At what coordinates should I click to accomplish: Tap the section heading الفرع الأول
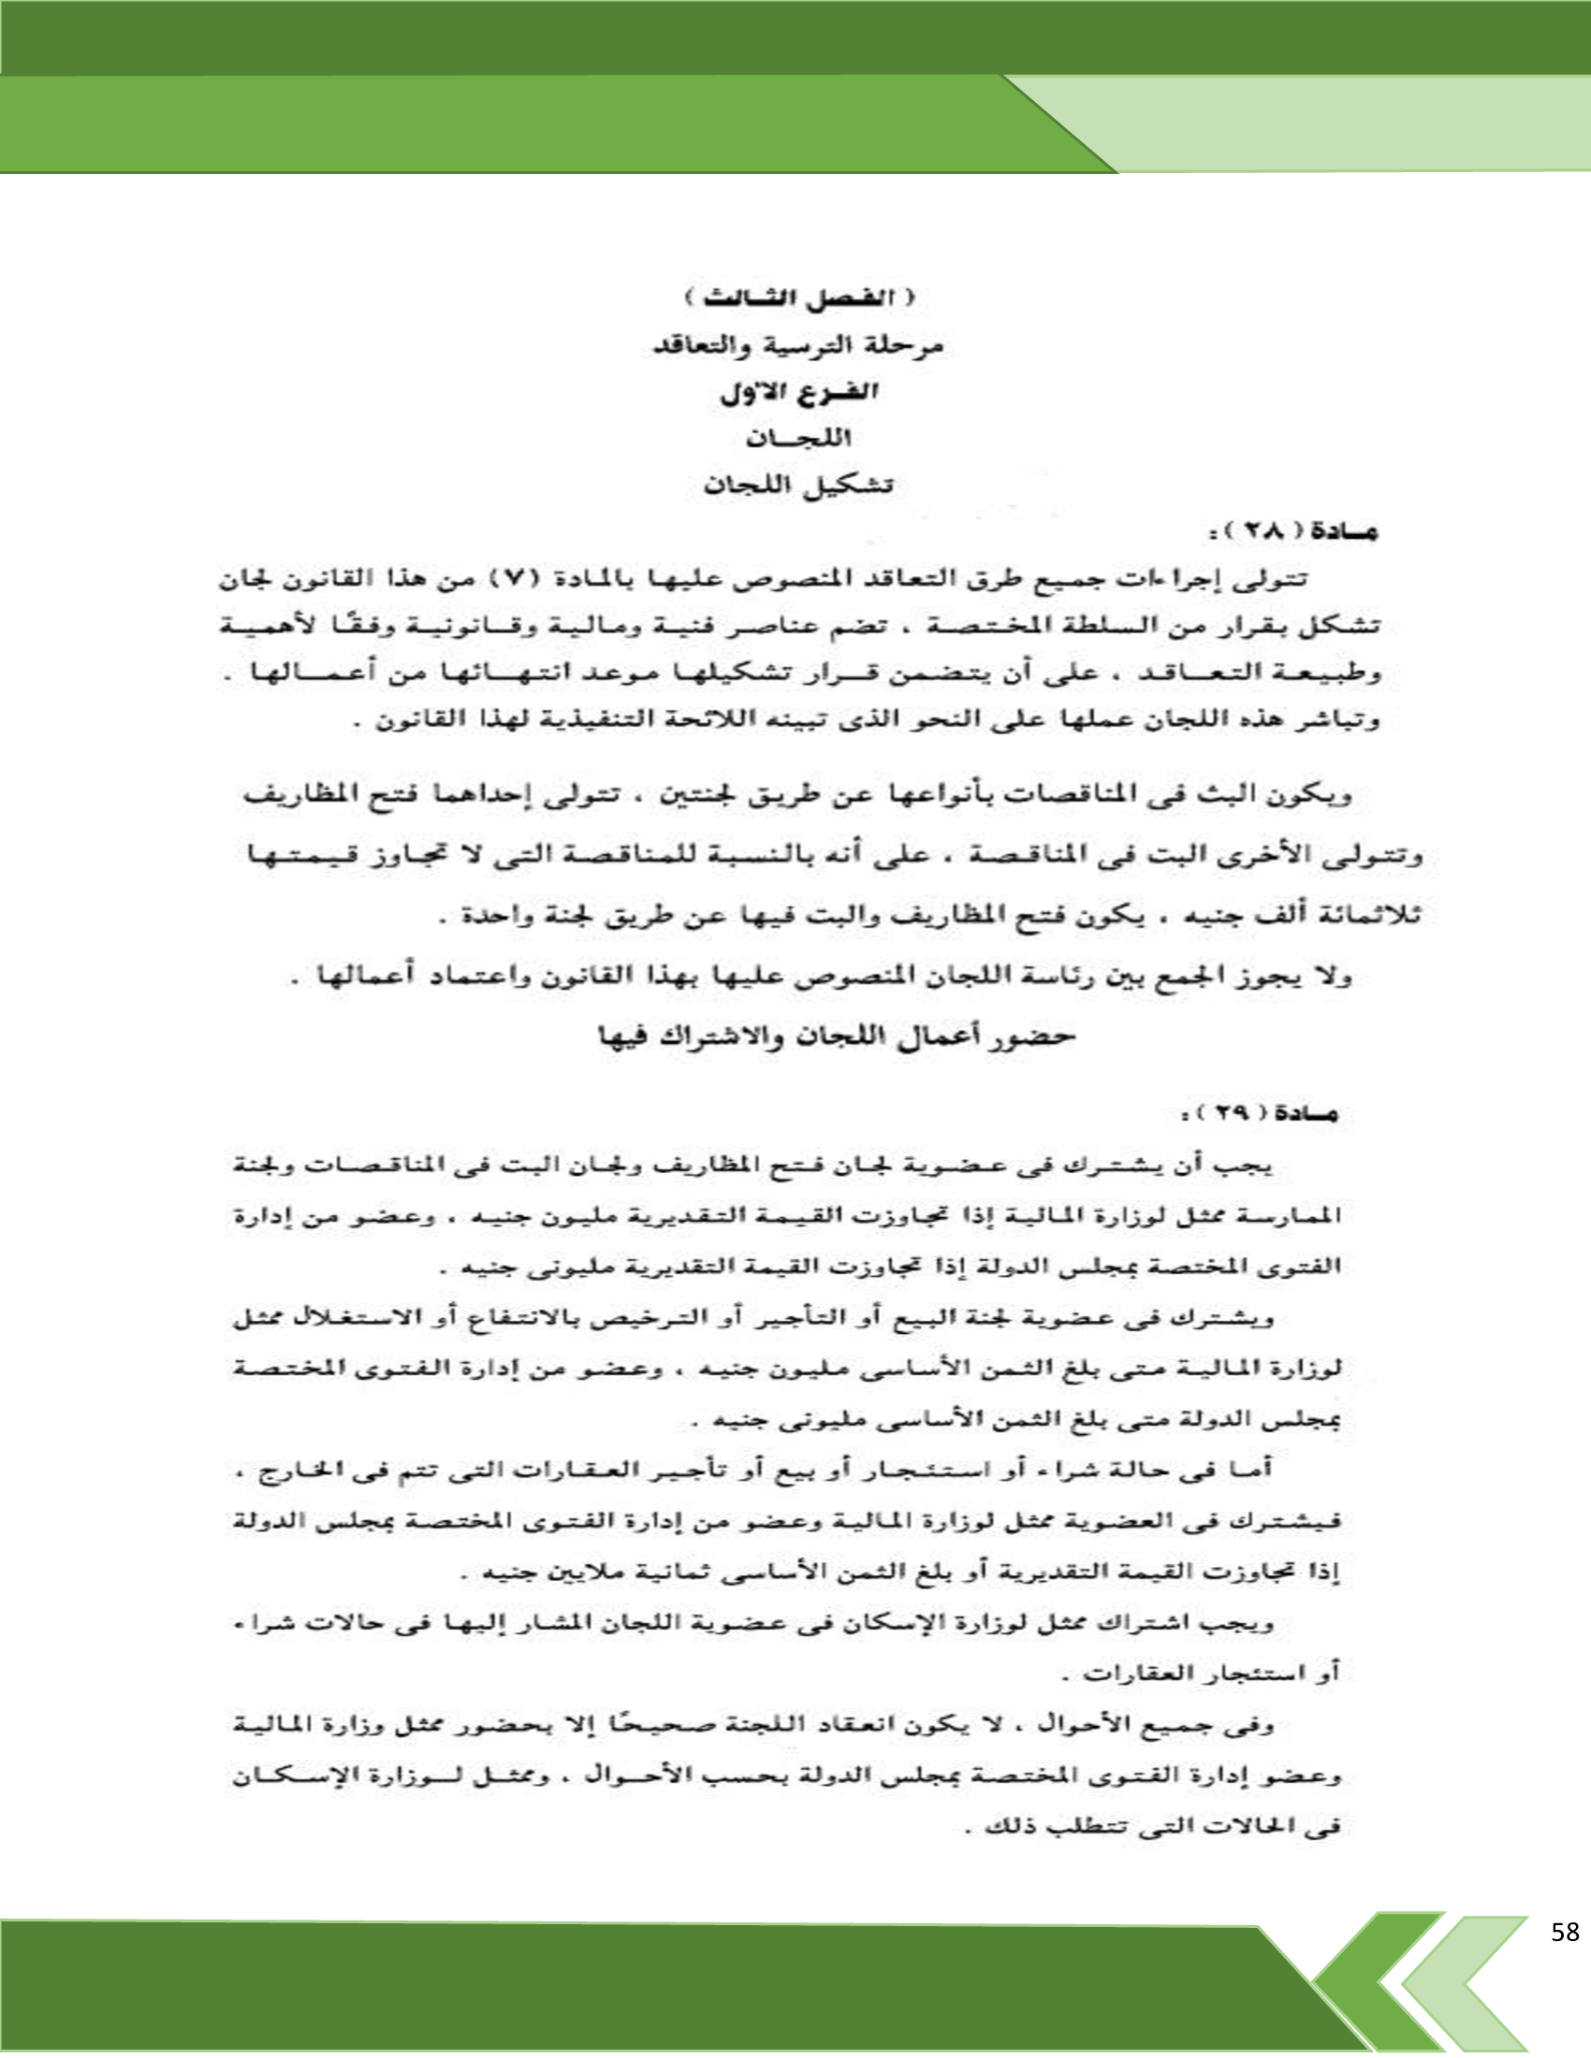tap(799, 394)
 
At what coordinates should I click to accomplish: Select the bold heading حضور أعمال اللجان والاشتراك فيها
tap(838, 1036)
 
